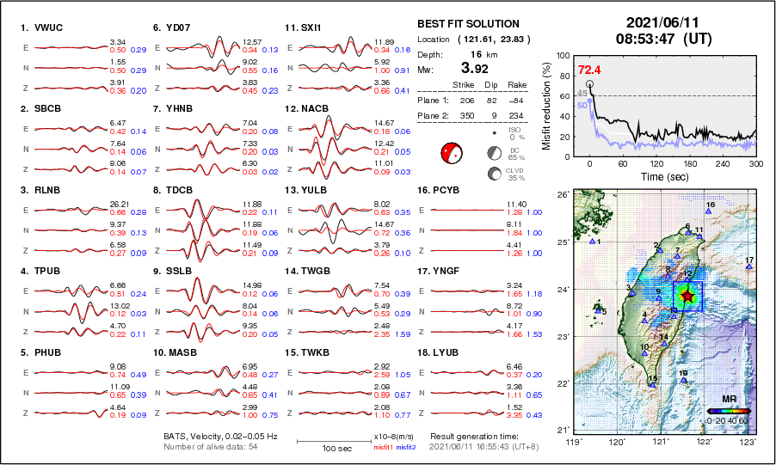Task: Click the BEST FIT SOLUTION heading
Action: coord(468,24)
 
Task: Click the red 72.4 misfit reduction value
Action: coord(589,70)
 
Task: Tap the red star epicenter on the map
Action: coord(687,296)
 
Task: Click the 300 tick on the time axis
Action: coord(756,162)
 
